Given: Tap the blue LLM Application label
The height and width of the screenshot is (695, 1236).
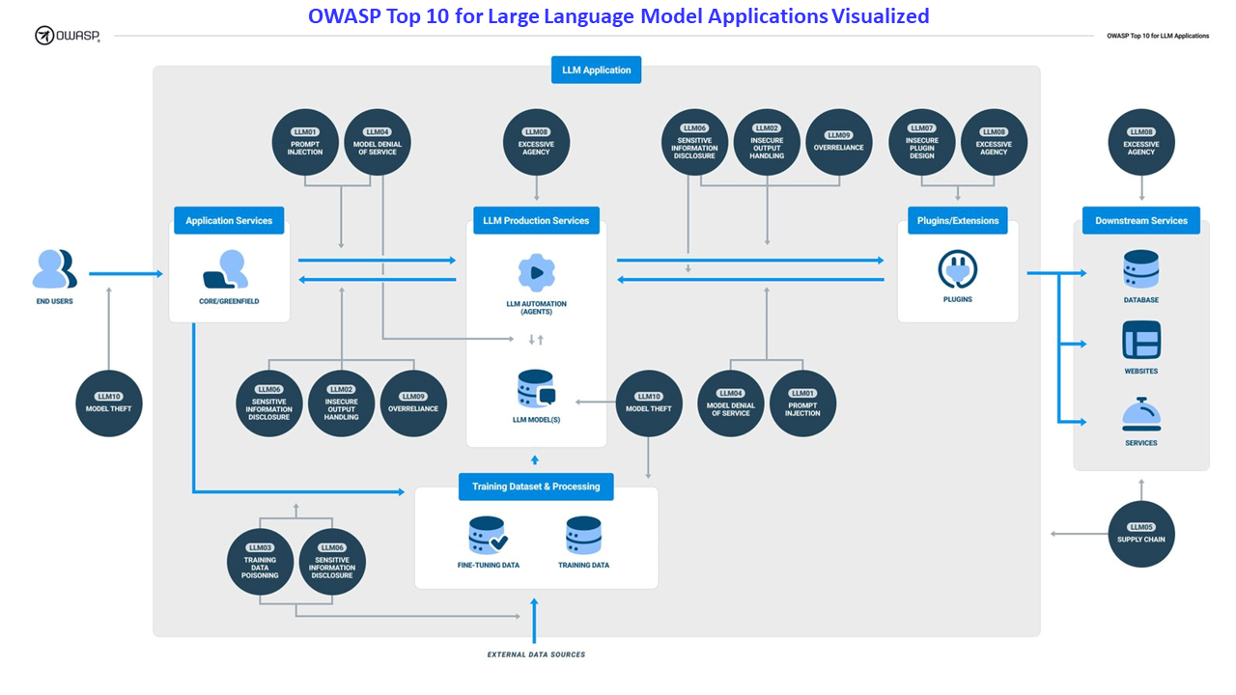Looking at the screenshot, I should tap(596, 70).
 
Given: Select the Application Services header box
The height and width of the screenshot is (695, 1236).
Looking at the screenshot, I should tap(229, 221).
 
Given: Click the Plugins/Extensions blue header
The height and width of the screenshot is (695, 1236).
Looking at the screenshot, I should tap(957, 221).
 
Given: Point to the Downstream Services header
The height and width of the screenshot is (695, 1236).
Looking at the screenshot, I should tap(1140, 221).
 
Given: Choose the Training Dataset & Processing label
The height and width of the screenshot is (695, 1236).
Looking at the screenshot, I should tap(536, 486).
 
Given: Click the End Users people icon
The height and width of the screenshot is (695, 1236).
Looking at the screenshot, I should tap(54, 269).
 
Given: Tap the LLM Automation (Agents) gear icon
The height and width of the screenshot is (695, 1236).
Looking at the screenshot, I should tap(536, 273).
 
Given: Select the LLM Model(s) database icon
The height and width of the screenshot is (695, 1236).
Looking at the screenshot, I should tap(536, 389).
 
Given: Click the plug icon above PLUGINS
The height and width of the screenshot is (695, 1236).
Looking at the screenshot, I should tap(957, 270).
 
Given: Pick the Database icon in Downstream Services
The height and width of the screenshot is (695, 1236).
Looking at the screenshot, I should tap(1140, 269).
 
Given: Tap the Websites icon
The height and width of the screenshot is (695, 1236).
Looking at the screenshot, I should tap(1140, 341).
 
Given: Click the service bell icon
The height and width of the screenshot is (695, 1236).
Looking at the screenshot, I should tap(1140, 414).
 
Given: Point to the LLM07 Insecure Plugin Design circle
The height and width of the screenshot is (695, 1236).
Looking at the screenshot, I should tap(921, 142).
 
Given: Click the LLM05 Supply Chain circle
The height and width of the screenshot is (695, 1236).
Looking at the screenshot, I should tap(1141, 534).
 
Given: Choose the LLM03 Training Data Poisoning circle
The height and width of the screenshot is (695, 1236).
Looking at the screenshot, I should tap(260, 562).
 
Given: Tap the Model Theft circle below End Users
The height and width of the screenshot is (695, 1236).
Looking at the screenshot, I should tap(109, 403).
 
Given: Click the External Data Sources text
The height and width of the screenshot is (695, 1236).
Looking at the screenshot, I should tap(536, 654).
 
